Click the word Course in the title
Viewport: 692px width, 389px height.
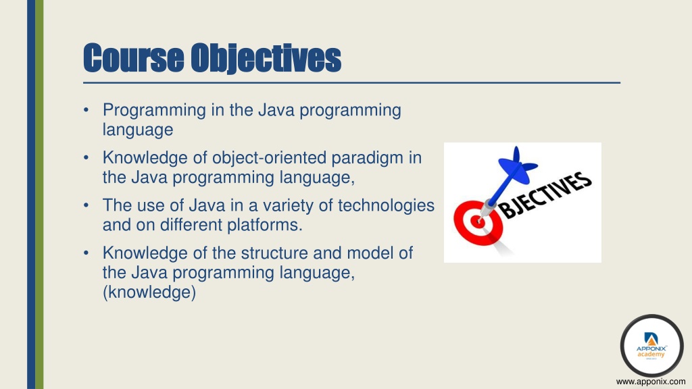[x=134, y=58]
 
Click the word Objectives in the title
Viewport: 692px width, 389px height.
[x=266, y=59]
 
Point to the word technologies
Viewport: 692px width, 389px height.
[x=386, y=205]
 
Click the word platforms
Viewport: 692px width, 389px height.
[x=265, y=225]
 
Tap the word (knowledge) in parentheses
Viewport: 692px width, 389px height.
[x=149, y=292]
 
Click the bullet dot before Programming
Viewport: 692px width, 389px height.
[x=86, y=110]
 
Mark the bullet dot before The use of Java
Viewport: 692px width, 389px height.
[x=86, y=205]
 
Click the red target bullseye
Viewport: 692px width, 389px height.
[x=477, y=222]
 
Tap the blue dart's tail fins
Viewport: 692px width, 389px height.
[x=517, y=166]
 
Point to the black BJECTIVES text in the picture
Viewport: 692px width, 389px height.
[x=546, y=194]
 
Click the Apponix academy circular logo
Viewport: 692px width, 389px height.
[x=652, y=346]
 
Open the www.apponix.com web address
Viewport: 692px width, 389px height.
[x=651, y=382]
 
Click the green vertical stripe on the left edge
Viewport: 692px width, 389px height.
[x=39, y=194]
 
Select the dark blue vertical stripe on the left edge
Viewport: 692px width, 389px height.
[x=31, y=194]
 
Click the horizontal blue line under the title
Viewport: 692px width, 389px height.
[x=351, y=82]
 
